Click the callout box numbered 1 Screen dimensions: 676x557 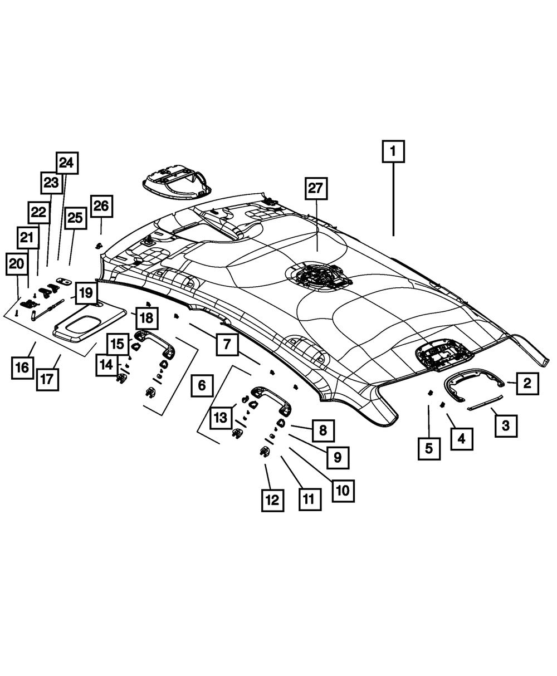pyautogui.click(x=393, y=151)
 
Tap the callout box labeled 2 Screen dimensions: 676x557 pyautogui.click(x=527, y=384)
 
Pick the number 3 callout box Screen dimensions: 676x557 pyautogui.click(x=505, y=427)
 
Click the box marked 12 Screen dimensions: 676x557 pyautogui.click(x=272, y=501)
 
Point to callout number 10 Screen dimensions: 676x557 pyautogui.click(x=342, y=489)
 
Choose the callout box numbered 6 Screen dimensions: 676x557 pyautogui.click(x=202, y=385)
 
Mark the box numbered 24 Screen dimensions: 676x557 pyautogui.click(x=66, y=163)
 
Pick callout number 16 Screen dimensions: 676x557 pyautogui.click(x=22, y=368)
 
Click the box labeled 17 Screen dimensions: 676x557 pyautogui.click(x=47, y=381)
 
